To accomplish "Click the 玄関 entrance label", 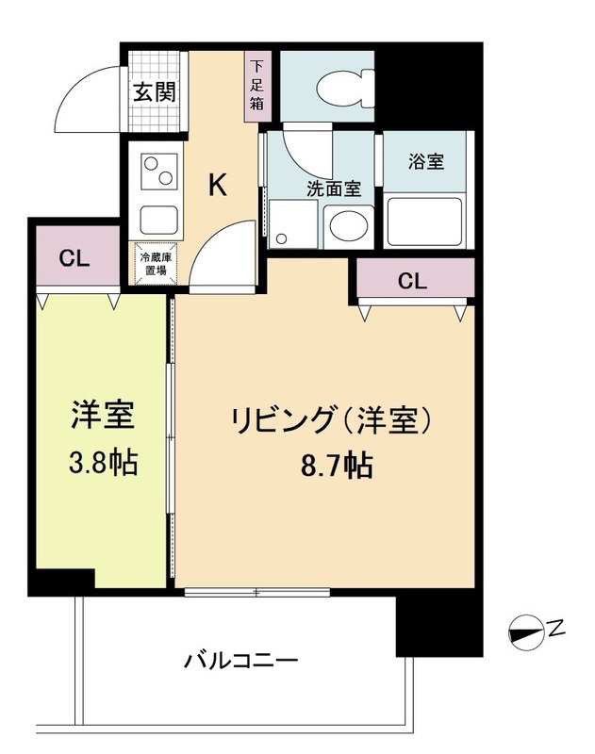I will coord(154,93).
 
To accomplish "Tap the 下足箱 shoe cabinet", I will coord(256,86).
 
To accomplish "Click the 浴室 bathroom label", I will coord(426,161).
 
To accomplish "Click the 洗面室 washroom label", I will coord(333,188).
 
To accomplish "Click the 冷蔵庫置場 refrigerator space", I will coord(154,263).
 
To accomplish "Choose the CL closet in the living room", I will coord(412,280).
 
